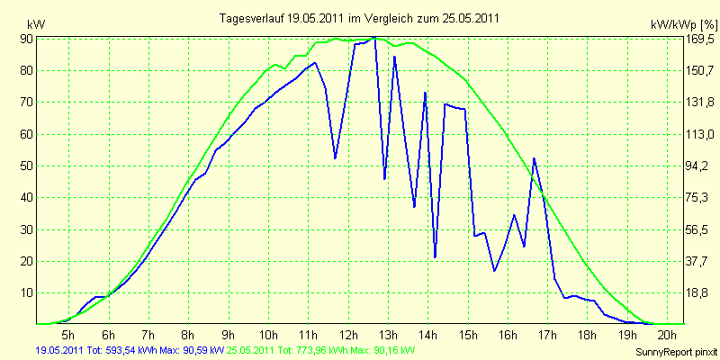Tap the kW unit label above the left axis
click(37, 25)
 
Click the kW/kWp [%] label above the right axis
click(683, 24)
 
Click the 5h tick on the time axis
click(68, 334)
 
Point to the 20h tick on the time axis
click(668, 334)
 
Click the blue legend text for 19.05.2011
click(130, 351)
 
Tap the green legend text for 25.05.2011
click(318, 351)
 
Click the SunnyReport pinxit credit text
click(676, 353)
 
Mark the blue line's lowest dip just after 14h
click(435, 257)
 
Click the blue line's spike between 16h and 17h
click(534, 158)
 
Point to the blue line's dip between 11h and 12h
click(335, 158)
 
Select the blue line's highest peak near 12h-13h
click(374, 37)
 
